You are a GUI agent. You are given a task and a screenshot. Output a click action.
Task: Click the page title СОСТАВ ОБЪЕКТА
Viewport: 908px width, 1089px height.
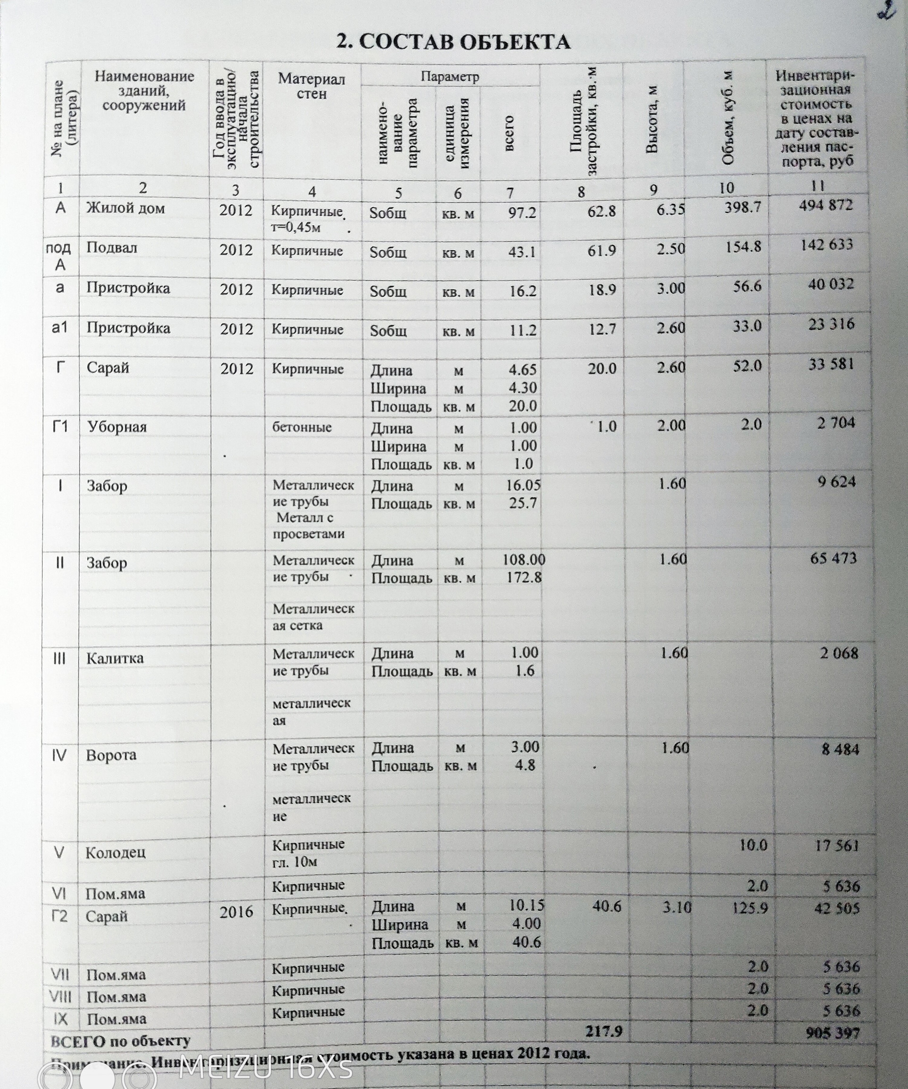[x=454, y=42]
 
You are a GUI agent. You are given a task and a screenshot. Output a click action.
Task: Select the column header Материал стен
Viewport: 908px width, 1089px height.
[x=311, y=86]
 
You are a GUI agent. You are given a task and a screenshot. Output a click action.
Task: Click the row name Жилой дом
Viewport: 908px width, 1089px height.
[x=125, y=209]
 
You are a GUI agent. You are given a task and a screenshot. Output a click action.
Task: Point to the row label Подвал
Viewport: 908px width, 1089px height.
[x=112, y=248]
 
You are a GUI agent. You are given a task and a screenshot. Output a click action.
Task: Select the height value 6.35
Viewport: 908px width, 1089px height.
[x=671, y=209]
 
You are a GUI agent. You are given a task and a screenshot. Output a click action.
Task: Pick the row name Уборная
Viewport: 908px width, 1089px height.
[x=117, y=427]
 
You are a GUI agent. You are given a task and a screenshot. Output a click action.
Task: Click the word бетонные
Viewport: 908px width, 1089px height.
[x=302, y=427]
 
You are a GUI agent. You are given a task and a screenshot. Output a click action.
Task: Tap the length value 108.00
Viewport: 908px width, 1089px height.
[x=524, y=560]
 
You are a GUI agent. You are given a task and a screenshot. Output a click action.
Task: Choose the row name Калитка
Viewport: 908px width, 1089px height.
[x=114, y=658]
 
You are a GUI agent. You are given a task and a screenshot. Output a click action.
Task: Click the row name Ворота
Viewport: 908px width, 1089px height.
[x=111, y=755]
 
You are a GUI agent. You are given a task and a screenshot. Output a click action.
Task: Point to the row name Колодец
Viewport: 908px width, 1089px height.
[x=115, y=852]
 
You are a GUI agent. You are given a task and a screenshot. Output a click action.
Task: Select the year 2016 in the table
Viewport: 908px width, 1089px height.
[x=236, y=912]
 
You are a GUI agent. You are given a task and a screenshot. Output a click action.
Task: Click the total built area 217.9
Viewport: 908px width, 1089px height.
[x=603, y=1031]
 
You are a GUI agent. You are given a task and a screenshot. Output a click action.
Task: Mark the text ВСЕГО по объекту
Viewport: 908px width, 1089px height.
[x=120, y=1040]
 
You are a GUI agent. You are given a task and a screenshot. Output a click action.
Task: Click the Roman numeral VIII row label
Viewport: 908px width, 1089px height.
[x=60, y=997]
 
